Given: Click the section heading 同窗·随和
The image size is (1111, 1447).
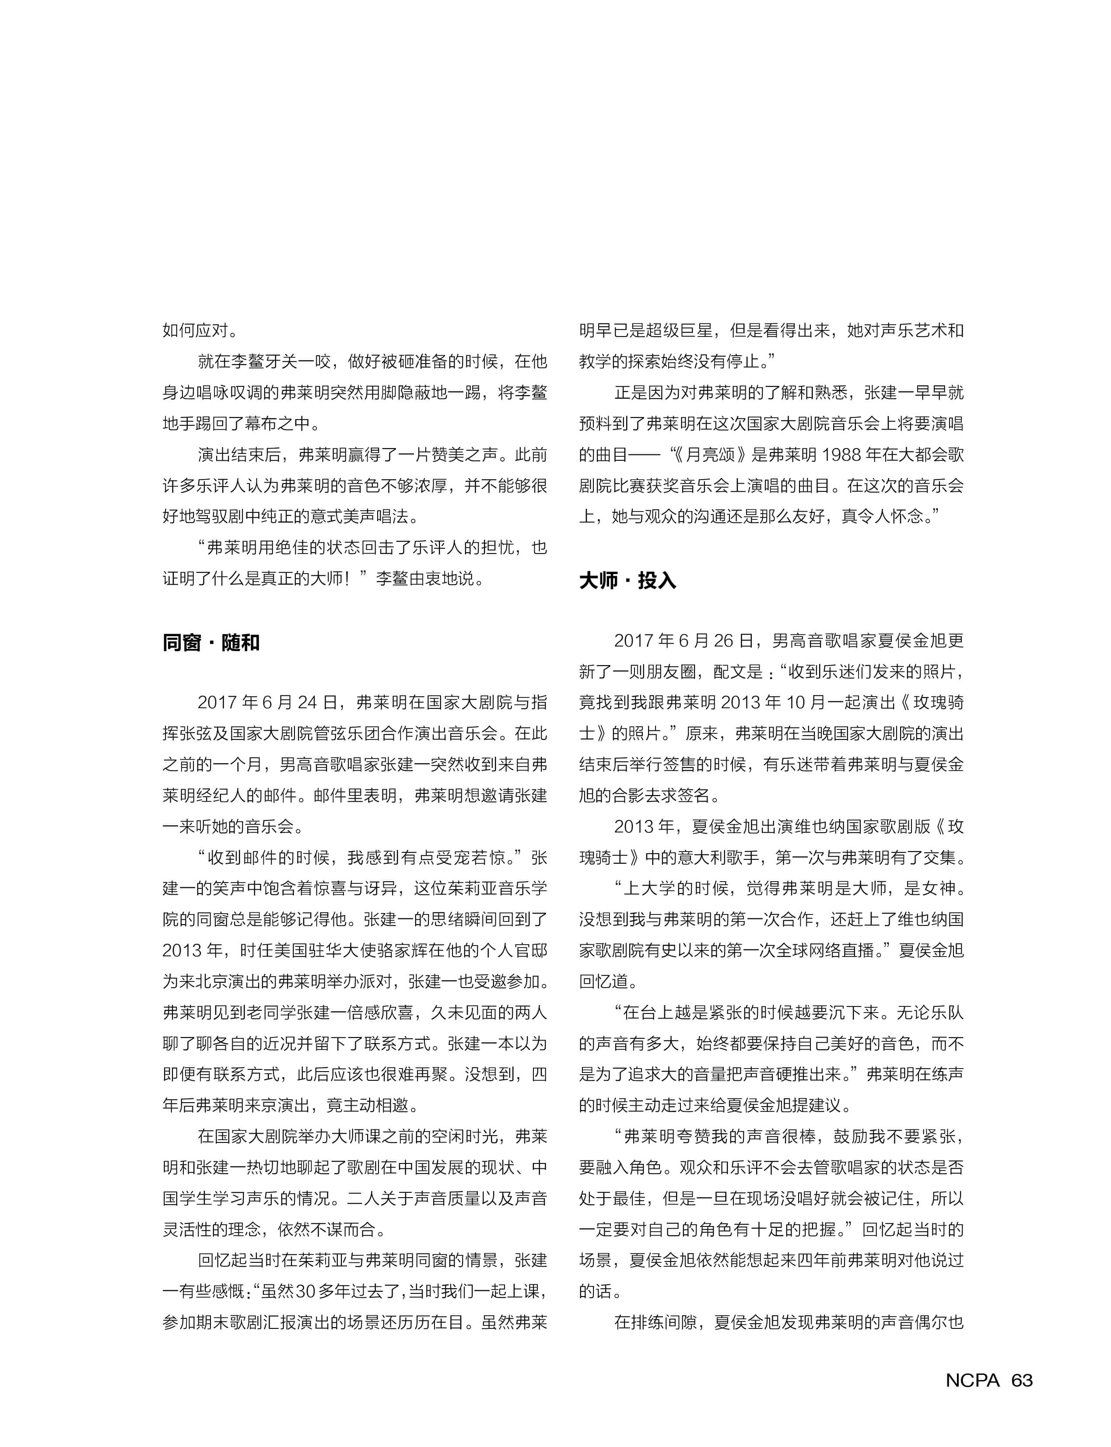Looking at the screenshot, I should click(x=211, y=643).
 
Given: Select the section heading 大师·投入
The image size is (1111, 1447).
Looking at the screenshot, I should click(x=627, y=581).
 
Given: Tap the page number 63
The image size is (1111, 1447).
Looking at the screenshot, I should click(x=1022, y=1380).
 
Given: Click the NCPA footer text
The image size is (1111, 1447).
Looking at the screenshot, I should click(x=972, y=1380).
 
